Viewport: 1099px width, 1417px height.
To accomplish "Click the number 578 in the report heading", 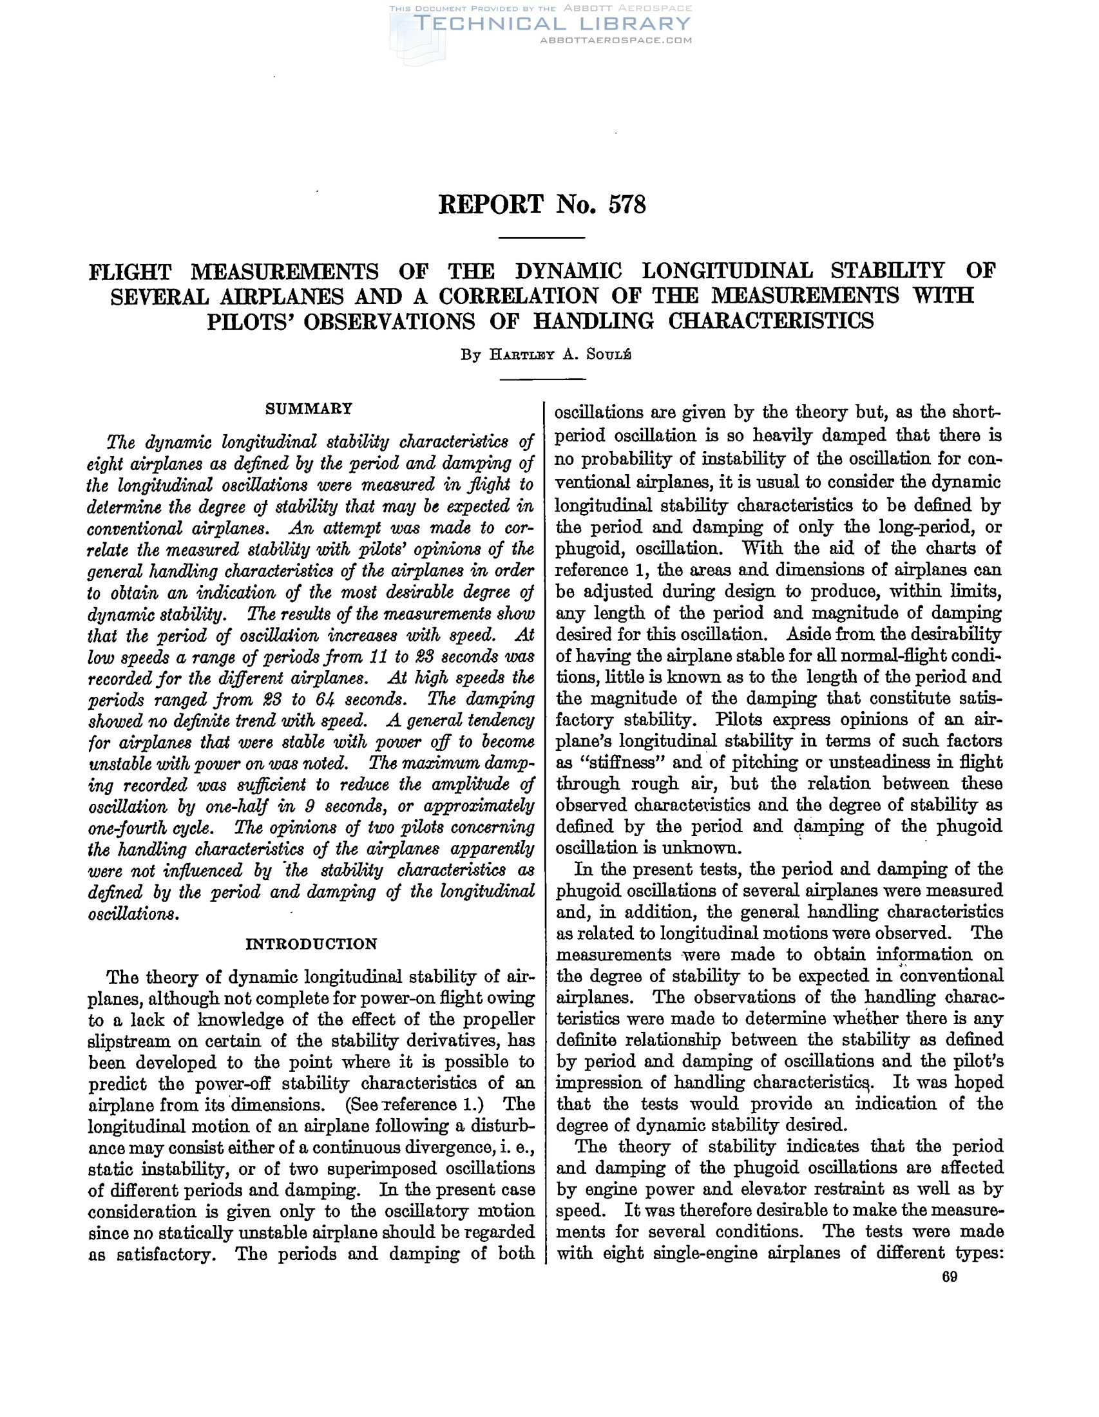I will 627,205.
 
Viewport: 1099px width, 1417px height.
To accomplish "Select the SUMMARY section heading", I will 309,409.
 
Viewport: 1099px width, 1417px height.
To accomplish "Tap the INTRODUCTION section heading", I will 311,944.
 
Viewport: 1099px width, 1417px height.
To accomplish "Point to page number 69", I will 949,1277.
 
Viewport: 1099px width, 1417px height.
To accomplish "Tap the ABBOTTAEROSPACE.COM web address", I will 616,40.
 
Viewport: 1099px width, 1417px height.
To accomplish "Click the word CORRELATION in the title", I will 519,296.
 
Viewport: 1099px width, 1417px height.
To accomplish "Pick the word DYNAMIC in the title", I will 568,271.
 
